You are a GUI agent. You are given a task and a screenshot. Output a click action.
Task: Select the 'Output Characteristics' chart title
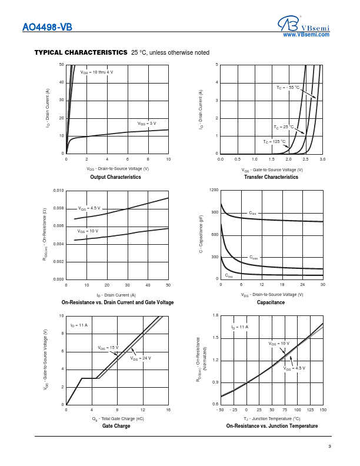[x=115, y=177]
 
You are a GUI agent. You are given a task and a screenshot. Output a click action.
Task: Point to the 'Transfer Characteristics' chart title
[x=271, y=177]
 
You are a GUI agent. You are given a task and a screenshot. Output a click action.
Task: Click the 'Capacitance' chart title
[x=271, y=302]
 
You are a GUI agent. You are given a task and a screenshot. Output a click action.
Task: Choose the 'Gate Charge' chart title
[x=116, y=426]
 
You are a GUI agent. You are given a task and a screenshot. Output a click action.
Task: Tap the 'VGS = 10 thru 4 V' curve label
[x=96, y=72]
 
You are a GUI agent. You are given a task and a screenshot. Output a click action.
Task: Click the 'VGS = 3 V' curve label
[x=147, y=124]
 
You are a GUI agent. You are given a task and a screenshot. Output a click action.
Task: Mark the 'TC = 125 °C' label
[x=274, y=142]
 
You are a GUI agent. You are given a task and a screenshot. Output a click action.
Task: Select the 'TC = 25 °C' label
[x=284, y=127]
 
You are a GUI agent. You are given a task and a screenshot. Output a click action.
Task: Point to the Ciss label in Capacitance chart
[x=252, y=213]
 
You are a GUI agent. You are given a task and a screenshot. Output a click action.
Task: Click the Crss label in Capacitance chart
[x=229, y=275]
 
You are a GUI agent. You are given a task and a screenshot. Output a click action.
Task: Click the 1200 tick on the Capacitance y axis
[x=214, y=191]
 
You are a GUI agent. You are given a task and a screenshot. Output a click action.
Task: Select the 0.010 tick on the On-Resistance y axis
[x=58, y=191]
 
